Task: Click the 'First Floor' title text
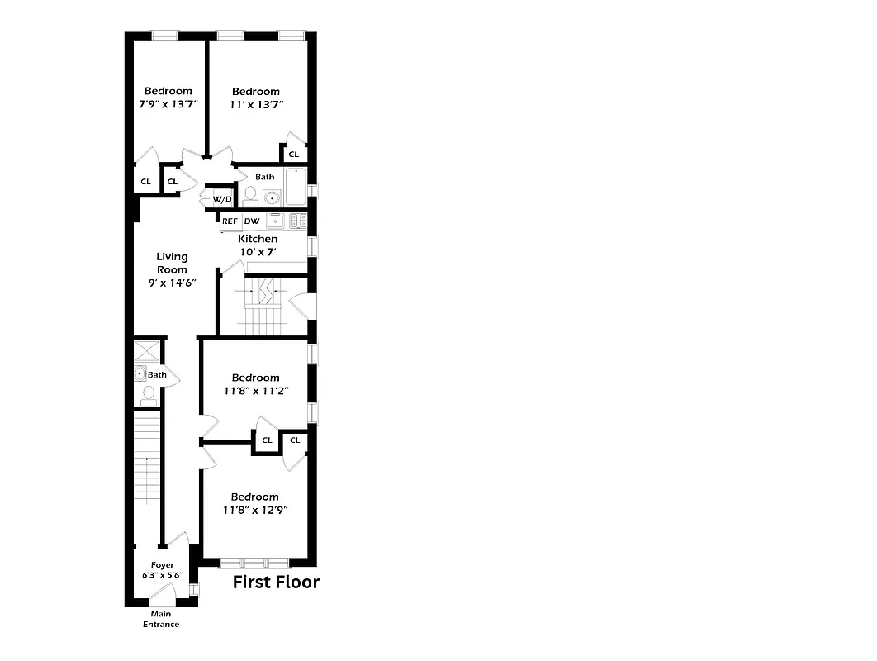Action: point(276,583)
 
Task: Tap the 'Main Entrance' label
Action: point(161,619)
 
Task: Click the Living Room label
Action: point(172,269)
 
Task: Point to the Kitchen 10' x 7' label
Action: point(258,245)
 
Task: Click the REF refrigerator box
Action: point(230,221)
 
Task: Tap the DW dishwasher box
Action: point(252,221)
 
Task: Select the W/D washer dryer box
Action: point(221,199)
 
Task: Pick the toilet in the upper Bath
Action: point(250,196)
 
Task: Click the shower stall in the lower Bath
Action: point(148,350)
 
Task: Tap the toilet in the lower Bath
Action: point(149,396)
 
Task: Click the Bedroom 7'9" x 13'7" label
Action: point(168,97)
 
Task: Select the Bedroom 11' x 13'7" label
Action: point(255,97)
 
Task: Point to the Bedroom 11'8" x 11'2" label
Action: point(255,384)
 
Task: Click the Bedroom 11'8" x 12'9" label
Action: point(254,503)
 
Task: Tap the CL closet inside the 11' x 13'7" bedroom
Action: point(293,155)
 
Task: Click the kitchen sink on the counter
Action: point(275,221)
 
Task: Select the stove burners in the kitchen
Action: point(298,221)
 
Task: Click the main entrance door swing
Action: point(161,593)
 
